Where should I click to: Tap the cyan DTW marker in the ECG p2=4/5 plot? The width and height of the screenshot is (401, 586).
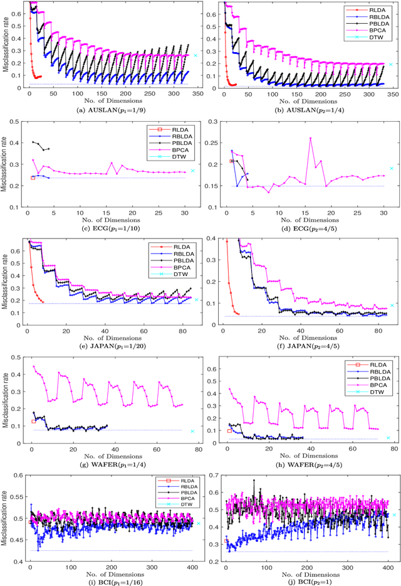pos(392,168)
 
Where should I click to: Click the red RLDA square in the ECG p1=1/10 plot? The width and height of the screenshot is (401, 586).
pos(33,178)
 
